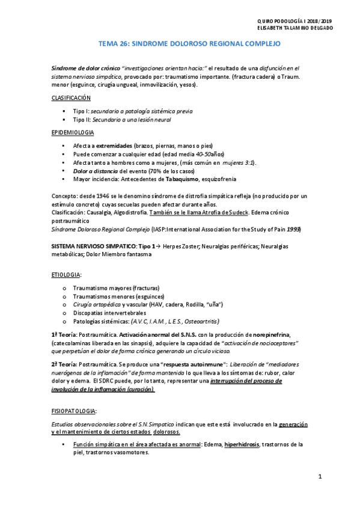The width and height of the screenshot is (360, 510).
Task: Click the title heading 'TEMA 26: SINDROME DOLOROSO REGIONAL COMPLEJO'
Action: click(x=189, y=45)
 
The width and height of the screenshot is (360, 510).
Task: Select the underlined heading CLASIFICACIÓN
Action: click(x=70, y=97)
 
